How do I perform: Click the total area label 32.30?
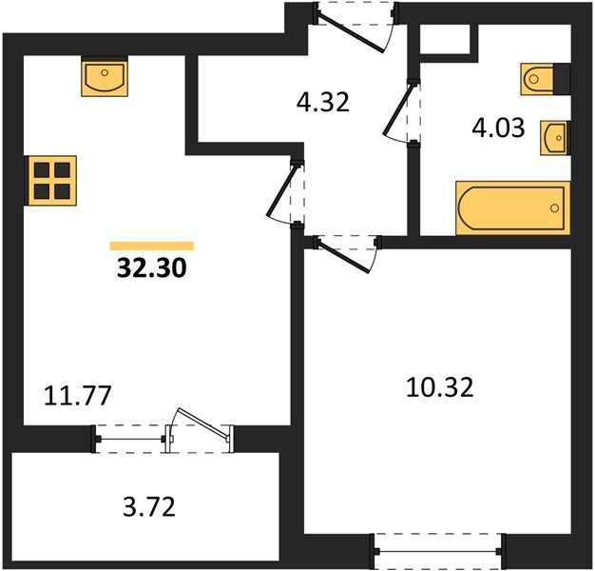[152, 267]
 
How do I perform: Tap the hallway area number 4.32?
[322, 103]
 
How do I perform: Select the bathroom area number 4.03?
[498, 128]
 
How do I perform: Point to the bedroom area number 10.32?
[440, 387]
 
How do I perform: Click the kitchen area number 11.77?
[77, 396]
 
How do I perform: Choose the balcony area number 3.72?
[149, 507]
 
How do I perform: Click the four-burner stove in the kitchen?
[50, 181]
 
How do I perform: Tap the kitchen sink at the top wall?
[105, 77]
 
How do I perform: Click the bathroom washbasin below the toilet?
[554, 138]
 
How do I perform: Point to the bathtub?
[512, 207]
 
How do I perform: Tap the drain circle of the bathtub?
[554, 207]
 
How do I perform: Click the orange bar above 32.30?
[152, 246]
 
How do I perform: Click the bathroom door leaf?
[397, 109]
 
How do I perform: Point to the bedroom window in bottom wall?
[438, 551]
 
